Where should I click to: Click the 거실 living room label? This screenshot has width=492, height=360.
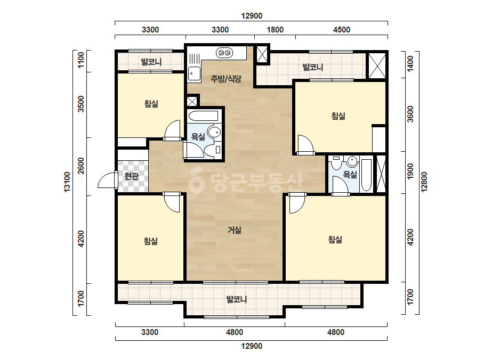click(x=235, y=230)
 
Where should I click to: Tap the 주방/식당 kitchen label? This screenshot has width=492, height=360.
click(x=226, y=79)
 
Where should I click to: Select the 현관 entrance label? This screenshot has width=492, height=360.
click(x=132, y=176)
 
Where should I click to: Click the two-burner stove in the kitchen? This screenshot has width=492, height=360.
click(x=224, y=53)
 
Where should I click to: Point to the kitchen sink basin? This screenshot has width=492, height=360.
click(x=194, y=74)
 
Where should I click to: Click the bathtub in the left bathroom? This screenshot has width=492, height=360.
click(x=203, y=116)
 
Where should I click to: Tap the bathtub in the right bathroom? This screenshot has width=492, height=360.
click(x=366, y=175)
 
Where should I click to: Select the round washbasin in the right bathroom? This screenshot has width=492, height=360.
click(x=352, y=161)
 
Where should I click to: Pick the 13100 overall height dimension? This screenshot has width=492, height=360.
click(x=67, y=182)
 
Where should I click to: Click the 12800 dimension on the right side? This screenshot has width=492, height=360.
click(x=424, y=182)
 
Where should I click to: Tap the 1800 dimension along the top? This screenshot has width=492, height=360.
click(x=275, y=30)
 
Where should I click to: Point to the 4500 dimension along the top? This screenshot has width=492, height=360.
click(x=341, y=30)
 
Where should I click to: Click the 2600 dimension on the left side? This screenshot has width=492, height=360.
click(x=81, y=166)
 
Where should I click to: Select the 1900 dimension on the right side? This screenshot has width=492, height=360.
click(x=410, y=172)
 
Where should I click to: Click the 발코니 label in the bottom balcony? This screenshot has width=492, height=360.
click(x=237, y=299)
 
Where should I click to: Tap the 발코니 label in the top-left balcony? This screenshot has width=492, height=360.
click(x=151, y=62)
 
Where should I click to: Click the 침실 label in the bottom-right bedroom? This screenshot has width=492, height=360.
click(x=335, y=240)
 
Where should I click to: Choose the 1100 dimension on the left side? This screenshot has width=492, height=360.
click(x=81, y=60)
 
